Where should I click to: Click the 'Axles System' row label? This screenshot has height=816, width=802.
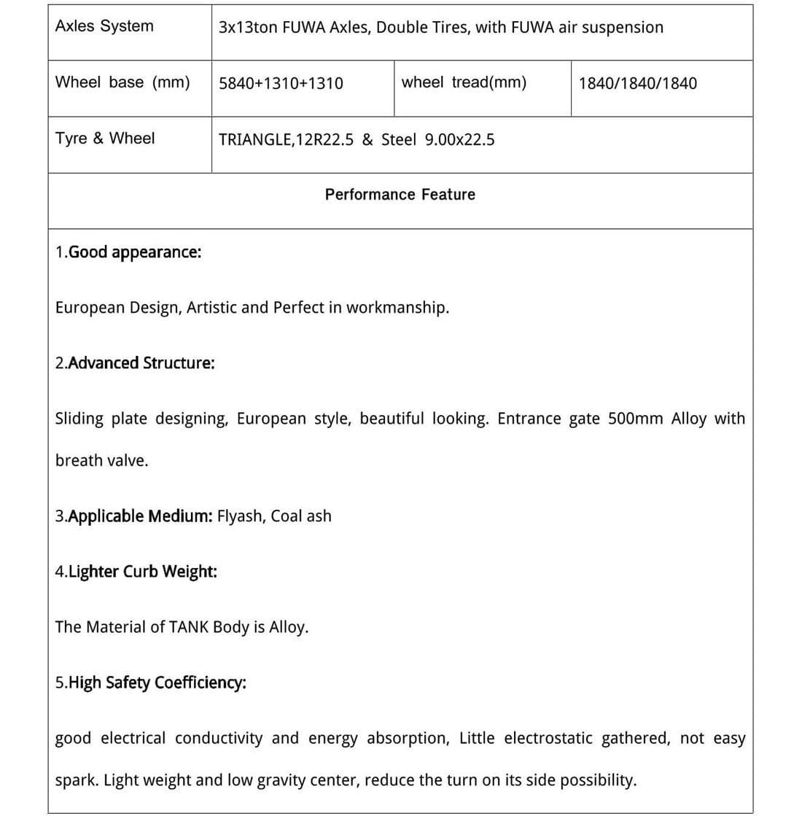coord(104,26)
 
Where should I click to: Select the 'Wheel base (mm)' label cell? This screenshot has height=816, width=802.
coord(122,82)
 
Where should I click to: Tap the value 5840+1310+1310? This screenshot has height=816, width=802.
coord(281,83)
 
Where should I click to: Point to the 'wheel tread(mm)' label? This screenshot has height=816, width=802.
coord(464,82)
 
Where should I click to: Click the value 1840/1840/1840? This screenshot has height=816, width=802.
coord(637,83)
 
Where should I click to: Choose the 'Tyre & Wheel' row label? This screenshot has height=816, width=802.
coord(105,138)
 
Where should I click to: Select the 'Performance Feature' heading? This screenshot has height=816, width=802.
coord(400,194)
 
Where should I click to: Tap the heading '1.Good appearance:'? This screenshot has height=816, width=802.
coord(128,252)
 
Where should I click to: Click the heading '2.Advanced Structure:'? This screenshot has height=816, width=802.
coord(135,363)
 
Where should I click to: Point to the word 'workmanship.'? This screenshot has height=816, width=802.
coord(397,308)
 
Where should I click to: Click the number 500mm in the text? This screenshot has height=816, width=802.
coord(635,419)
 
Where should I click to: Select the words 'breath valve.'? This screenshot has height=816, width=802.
coord(101,461)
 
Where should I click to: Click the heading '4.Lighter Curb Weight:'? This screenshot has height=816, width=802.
coord(136,571)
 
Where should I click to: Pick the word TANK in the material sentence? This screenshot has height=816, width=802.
coord(188,627)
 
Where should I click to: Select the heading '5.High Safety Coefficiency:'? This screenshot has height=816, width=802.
coord(150,683)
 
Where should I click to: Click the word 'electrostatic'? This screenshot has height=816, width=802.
coord(548,738)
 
